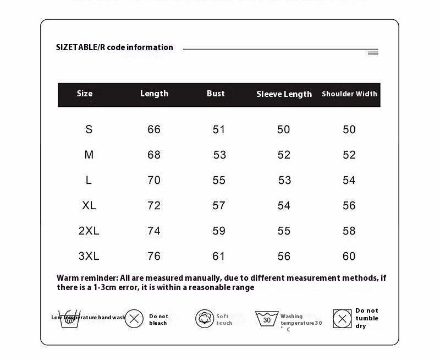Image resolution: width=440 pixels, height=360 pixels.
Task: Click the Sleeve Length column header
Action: (284, 94)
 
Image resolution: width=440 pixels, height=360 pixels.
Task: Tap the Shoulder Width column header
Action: (349, 94)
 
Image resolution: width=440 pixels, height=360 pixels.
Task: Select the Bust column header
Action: (216, 94)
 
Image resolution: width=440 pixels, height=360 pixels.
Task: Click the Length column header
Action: (154, 94)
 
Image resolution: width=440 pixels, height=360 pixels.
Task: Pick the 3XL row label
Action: (89, 256)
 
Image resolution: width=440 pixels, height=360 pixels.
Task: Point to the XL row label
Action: (89, 205)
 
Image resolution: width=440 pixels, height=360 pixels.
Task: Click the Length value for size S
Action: (154, 129)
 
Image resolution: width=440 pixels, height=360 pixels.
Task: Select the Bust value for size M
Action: (219, 155)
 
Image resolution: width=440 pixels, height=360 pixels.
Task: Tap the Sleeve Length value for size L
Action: (284, 181)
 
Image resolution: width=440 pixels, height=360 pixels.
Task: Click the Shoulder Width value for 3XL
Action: (349, 256)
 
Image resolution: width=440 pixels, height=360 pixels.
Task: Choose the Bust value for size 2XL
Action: (219, 231)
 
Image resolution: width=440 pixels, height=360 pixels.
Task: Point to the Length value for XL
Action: (154, 205)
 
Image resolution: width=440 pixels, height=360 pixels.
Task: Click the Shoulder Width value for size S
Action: (349, 129)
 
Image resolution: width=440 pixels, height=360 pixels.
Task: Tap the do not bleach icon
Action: (134, 319)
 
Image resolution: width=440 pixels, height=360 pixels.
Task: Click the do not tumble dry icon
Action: (342, 319)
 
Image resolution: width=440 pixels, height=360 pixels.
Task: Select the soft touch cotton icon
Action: (204, 319)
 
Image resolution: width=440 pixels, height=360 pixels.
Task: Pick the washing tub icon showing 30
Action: (267, 319)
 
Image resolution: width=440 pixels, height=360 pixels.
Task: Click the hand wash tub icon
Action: (70, 319)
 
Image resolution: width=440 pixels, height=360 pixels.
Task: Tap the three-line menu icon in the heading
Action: (373, 52)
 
